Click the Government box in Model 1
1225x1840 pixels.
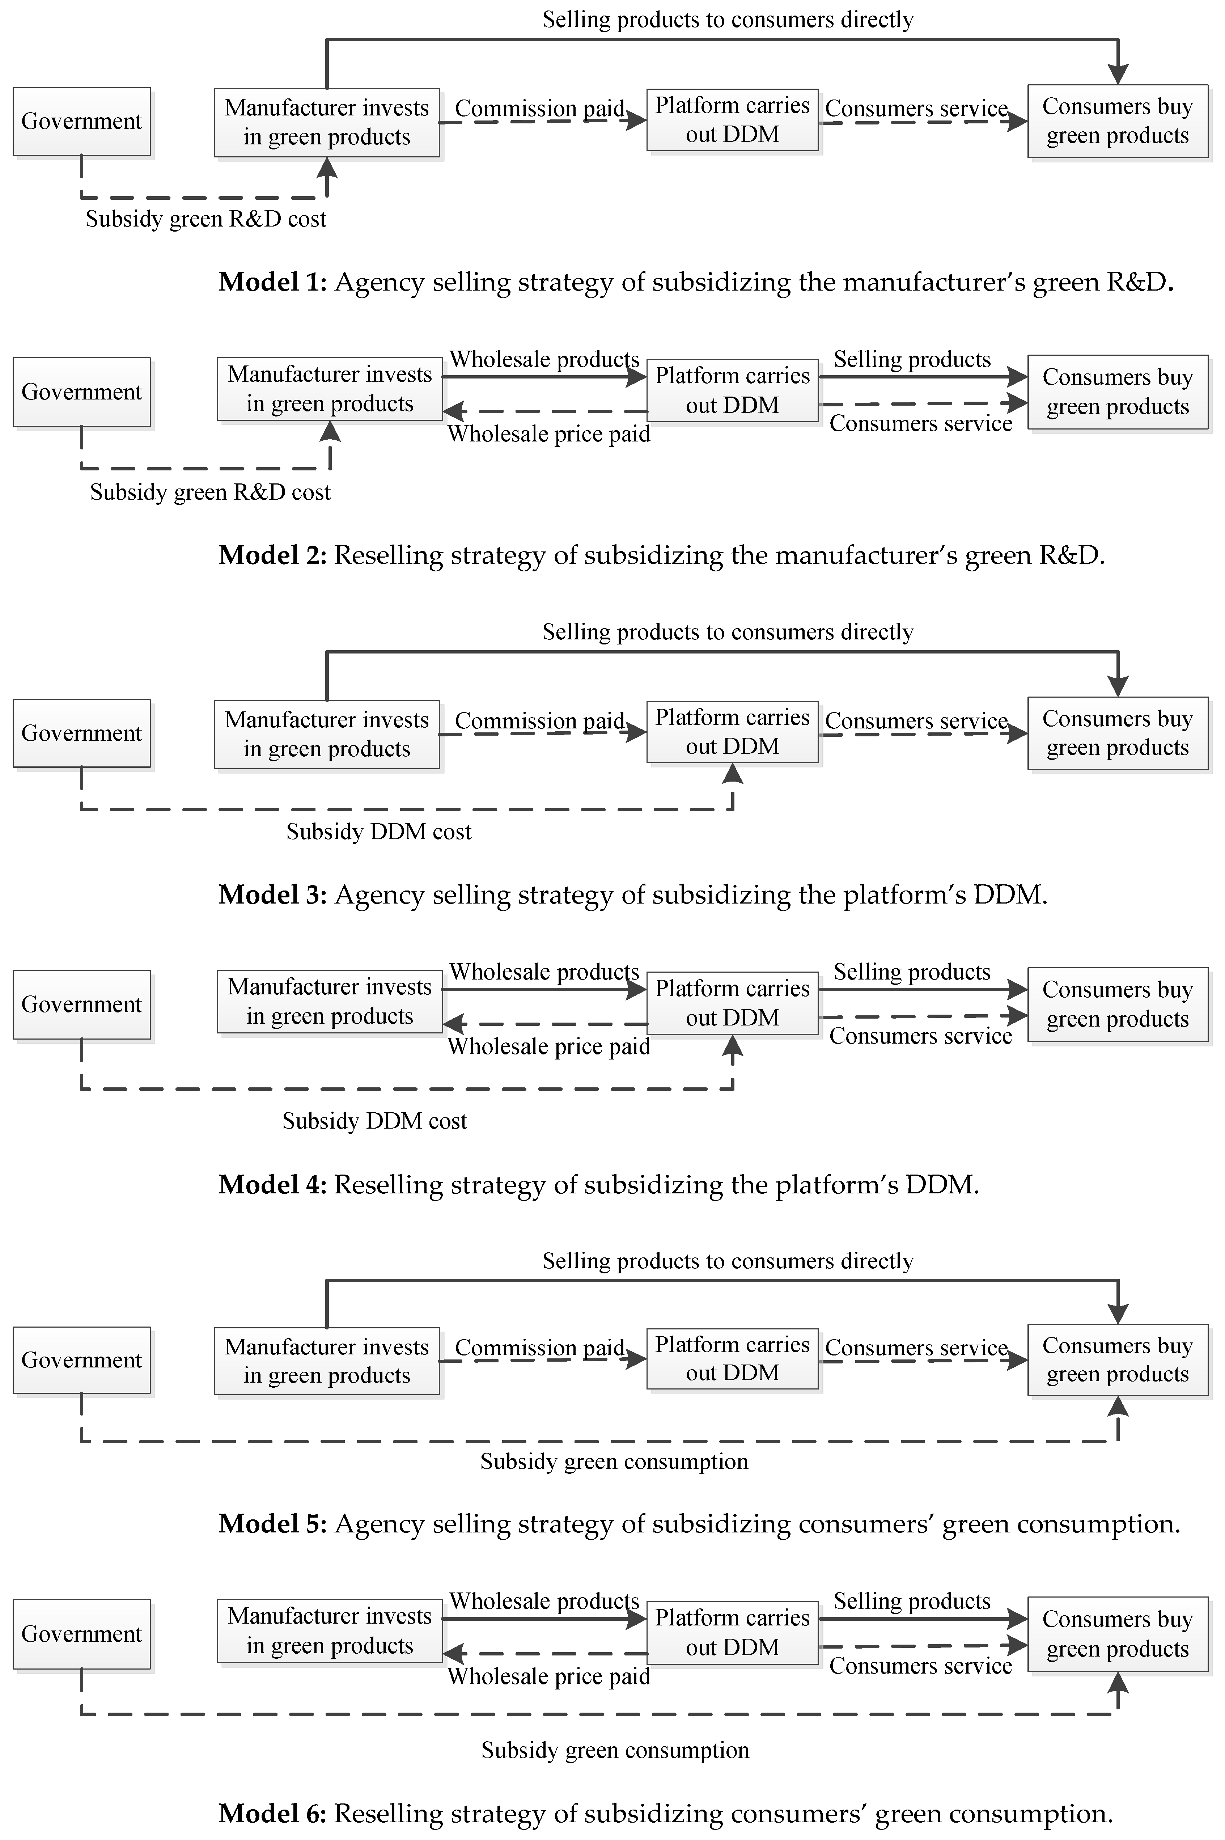[x=81, y=121]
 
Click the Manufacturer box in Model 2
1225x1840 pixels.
[x=330, y=389]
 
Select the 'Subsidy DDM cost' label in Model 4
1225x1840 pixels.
[x=374, y=1121]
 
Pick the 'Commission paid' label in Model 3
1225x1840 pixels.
[x=539, y=720]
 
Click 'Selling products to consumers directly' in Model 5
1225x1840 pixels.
[x=727, y=1261]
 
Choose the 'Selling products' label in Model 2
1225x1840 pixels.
[x=912, y=359]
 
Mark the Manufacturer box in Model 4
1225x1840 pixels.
[x=330, y=1002]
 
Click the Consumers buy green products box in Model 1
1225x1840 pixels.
[x=1117, y=121]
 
